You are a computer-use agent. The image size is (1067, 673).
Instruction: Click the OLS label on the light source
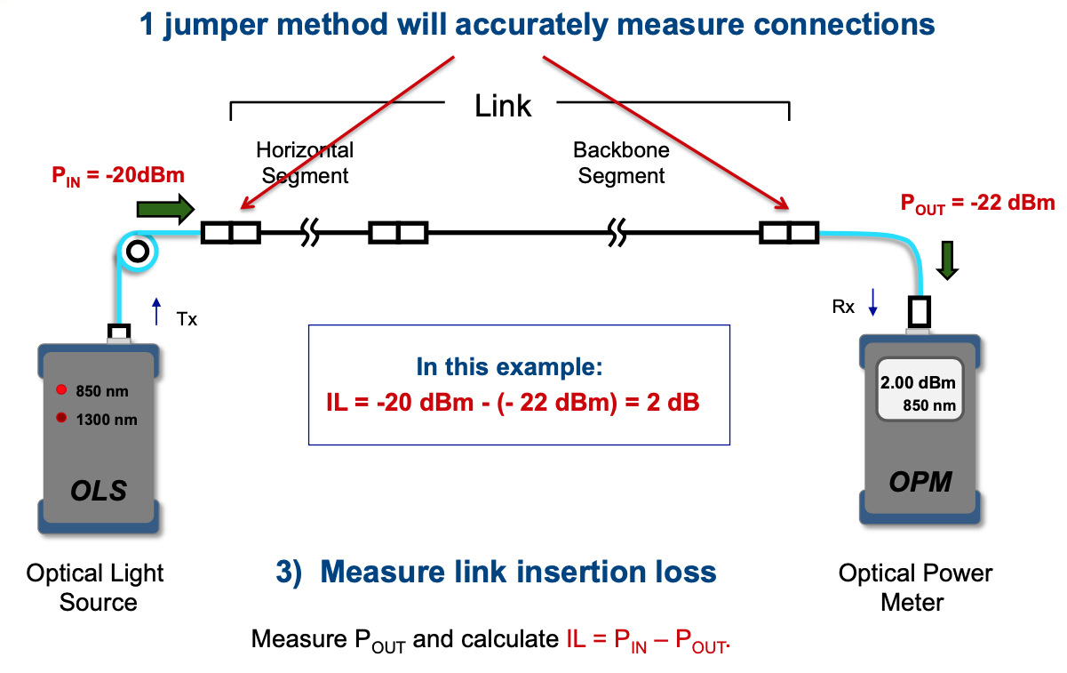click(x=99, y=490)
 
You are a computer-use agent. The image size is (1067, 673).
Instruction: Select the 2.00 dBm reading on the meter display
click(x=918, y=383)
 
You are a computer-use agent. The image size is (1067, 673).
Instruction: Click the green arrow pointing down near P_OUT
click(x=948, y=259)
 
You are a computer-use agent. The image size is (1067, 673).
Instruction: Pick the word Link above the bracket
click(x=503, y=106)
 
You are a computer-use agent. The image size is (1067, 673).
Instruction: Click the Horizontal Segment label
click(x=305, y=163)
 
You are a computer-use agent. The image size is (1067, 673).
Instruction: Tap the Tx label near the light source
click(x=187, y=318)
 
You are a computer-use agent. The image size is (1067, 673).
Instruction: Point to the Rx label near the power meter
click(x=843, y=307)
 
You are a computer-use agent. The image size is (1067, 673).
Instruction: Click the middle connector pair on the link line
click(x=398, y=234)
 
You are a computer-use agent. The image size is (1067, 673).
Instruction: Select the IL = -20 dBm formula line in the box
click(x=514, y=403)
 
